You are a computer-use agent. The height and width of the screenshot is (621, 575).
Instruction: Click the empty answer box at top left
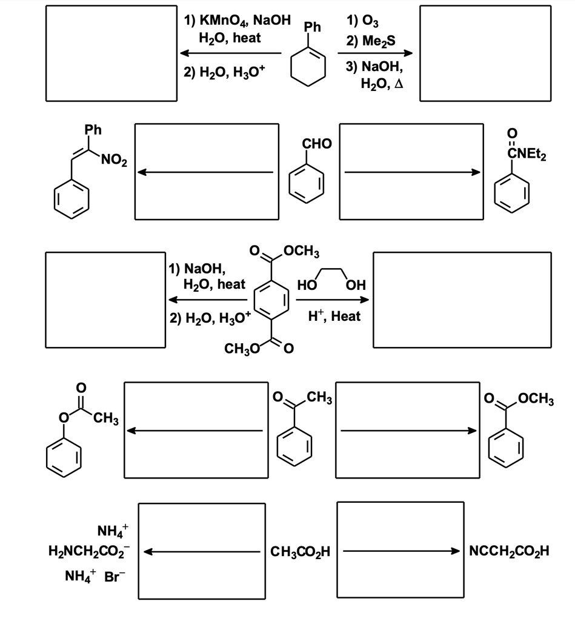click(x=111, y=53)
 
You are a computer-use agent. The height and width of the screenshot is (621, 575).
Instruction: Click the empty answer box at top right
click(x=485, y=53)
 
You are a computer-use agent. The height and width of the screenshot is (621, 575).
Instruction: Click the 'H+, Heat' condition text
click(x=334, y=316)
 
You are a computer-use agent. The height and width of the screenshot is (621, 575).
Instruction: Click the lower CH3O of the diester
click(x=241, y=349)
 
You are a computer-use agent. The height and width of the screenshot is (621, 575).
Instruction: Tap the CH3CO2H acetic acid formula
click(x=301, y=552)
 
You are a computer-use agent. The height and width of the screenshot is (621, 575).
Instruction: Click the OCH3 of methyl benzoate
click(x=533, y=399)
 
